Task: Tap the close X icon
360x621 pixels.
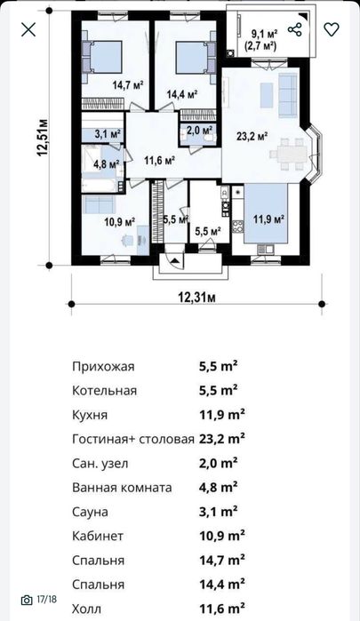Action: click(x=28, y=29)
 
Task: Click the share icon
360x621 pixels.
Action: click(x=295, y=29)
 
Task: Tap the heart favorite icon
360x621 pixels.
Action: click(x=332, y=29)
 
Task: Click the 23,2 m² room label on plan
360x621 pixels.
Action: click(x=252, y=136)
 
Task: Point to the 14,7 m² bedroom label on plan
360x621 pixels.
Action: click(x=127, y=85)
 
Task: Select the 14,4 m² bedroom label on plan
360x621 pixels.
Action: click(x=181, y=92)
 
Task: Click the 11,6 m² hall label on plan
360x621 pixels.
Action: click(x=158, y=160)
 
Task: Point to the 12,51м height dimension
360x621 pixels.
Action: click(x=41, y=139)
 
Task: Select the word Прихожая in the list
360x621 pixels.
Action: click(x=102, y=365)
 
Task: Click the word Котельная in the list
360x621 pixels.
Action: click(x=104, y=390)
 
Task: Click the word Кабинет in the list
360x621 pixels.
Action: click(x=98, y=536)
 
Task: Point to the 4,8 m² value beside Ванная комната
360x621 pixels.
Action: click(x=218, y=487)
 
